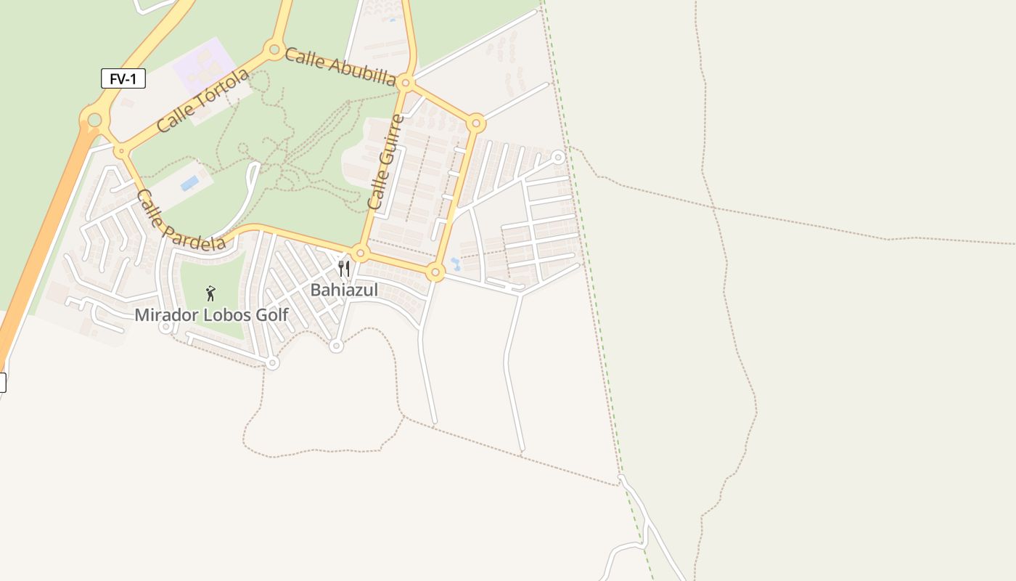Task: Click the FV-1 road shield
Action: click(123, 78)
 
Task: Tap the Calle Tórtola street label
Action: click(202, 100)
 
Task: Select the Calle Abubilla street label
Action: click(340, 67)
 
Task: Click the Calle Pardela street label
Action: click(181, 220)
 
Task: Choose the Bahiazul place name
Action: click(344, 290)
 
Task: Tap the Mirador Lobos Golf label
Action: click(211, 315)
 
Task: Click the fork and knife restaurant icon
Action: click(344, 269)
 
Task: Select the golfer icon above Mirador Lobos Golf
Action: click(210, 293)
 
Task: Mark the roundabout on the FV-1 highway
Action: click(94, 119)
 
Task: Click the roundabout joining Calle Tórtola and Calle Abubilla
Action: click(274, 50)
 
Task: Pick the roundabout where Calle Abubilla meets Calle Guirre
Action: click(406, 84)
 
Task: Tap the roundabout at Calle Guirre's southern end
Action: click(360, 253)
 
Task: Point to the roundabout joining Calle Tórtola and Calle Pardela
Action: click(121, 151)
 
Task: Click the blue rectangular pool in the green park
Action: click(189, 183)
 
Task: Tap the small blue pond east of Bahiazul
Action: click(455, 263)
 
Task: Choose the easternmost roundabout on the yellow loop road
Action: click(475, 123)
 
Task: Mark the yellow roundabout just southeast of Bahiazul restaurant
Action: click(435, 272)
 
